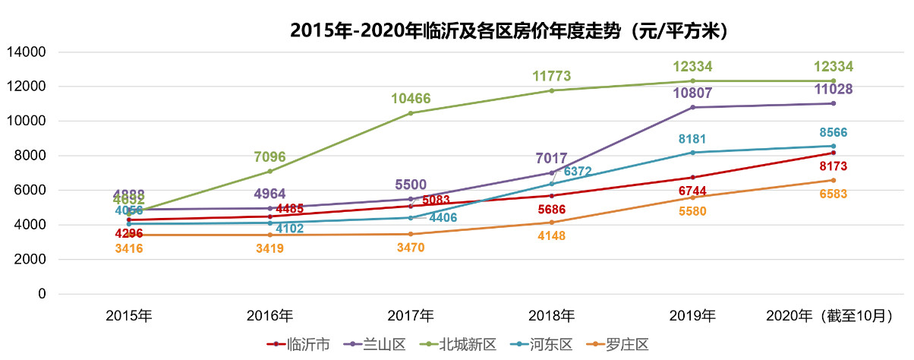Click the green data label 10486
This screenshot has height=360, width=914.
tap(411, 98)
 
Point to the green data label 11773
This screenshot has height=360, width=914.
tap(552, 76)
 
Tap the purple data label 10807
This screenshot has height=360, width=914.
tap(692, 93)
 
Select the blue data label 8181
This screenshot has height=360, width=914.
tap(692, 139)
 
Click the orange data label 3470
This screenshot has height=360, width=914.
tap(411, 248)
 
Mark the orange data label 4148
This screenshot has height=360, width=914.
tap(552, 235)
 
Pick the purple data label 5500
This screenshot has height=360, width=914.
tap(411, 185)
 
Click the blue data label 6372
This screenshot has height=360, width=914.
tap(578, 172)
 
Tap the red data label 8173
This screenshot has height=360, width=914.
tap(833, 166)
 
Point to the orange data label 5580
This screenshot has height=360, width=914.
tap(692, 211)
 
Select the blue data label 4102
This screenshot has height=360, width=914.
tap(289, 228)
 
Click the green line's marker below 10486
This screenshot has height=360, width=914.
tap(411, 113)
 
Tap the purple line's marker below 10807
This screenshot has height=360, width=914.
tap(692, 107)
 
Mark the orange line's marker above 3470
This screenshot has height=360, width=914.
tap(411, 234)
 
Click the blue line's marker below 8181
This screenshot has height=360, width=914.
tap(692, 153)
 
